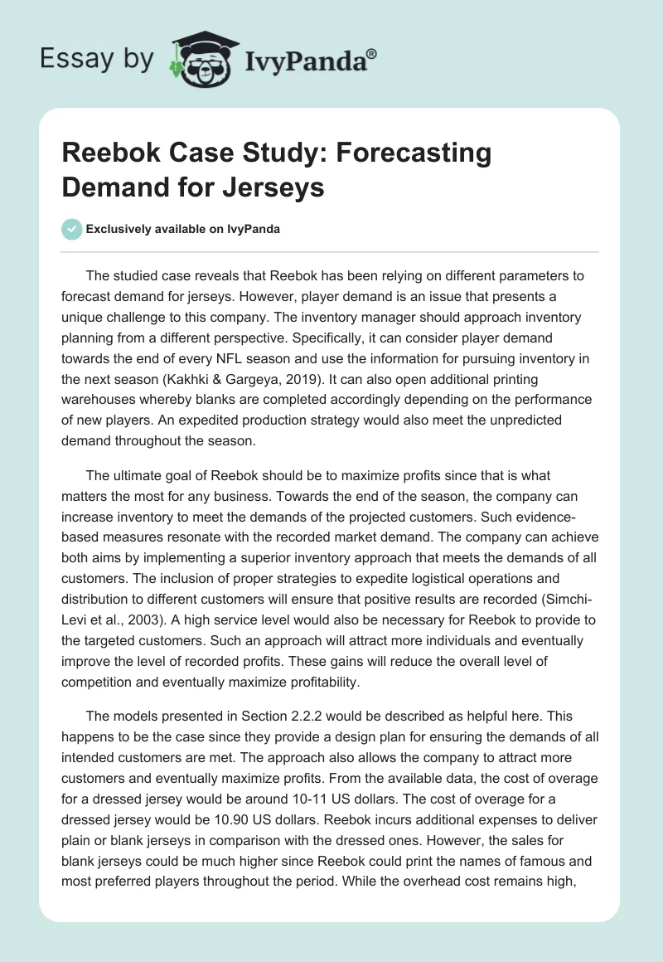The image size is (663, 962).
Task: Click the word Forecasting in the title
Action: [x=418, y=153]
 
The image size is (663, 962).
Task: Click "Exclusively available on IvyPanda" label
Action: [x=181, y=229]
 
